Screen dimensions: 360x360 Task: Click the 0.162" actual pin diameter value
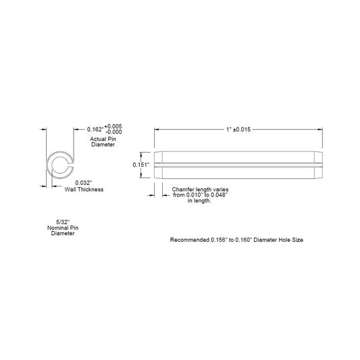pos(95,130)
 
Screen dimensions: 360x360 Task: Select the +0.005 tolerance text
pos(113,126)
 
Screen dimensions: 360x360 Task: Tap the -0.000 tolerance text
pos(113,132)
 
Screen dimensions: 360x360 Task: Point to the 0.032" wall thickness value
pos(84,183)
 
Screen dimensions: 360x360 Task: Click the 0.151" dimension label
pos(141,165)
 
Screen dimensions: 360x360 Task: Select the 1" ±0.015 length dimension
pos(238,130)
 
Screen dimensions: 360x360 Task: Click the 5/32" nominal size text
pos(63,222)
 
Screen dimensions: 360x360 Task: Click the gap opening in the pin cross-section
pos(71,165)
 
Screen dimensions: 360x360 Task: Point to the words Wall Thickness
pos(84,190)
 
